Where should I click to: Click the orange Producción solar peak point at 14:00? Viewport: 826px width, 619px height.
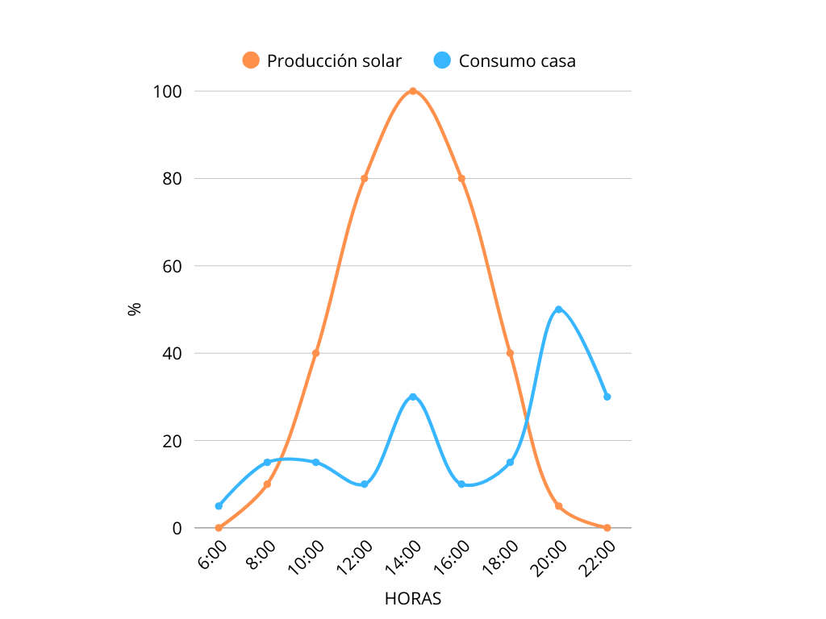tap(413, 91)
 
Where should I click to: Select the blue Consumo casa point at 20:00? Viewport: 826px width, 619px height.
tap(558, 309)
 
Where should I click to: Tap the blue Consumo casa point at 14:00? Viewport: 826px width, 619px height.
tap(413, 397)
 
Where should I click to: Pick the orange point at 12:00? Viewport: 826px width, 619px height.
tap(365, 178)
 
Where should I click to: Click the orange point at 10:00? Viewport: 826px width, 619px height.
tap(315, 353)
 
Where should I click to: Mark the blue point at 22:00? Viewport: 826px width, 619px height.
tap(607, 397)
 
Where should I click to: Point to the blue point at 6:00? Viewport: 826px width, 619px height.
tap(219, 506)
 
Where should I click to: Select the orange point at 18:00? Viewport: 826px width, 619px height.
tap(510, 353)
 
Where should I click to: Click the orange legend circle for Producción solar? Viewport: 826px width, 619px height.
tap(251, 60)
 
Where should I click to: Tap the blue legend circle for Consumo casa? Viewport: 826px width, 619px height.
tap(442, 60)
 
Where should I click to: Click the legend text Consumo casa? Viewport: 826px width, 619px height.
tap(517, 60)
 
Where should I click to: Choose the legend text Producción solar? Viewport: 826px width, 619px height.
tap(334, 60)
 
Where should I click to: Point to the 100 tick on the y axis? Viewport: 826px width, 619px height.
tap(167, 91)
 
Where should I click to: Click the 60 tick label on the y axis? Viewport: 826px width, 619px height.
tap(171, 266)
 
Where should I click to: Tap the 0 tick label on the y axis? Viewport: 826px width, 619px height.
tap(177, 528)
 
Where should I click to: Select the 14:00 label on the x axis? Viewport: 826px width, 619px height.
tap(404, 559)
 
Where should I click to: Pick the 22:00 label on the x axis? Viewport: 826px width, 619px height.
tap(598, 559)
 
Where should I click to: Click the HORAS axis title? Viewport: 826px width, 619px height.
tap(412, 599)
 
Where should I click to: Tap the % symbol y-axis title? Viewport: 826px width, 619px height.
tap(135, 309)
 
